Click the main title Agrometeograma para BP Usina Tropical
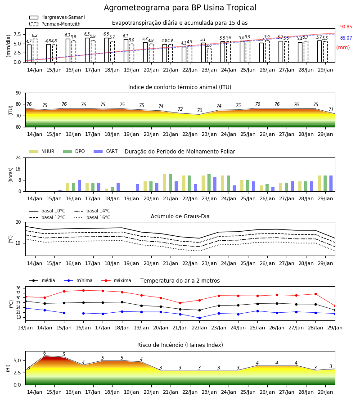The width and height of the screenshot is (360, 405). tap(180, 8)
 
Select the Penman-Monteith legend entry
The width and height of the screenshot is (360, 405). tap(55, 24)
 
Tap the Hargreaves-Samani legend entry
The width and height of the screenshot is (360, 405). tap(57, 17)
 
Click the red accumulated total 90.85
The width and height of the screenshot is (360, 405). tap(346, 27)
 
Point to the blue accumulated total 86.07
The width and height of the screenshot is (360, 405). tap(346, 38)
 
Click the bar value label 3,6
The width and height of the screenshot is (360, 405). tap(209, 45)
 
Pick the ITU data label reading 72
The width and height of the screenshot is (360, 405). tap(180, 109)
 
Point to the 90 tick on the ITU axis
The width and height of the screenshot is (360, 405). tap(18, 93)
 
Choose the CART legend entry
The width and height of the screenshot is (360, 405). tap(106, 151)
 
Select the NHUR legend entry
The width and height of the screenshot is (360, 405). tap(42, 151)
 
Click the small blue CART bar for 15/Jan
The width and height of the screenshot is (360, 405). tap(60, 191)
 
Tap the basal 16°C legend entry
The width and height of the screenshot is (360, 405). tap(92, 217)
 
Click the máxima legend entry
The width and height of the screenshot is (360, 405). tap(116, 280)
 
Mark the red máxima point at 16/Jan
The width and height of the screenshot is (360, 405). tap(83, 290)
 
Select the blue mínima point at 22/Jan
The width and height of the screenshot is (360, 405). tap(199, 318)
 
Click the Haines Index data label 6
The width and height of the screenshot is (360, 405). tap(45, 353)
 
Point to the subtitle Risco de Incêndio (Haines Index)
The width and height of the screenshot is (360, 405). tap(180, 345)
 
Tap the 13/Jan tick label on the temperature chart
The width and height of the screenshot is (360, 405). tap(25, 328)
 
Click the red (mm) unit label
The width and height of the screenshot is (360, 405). tap(343, 48)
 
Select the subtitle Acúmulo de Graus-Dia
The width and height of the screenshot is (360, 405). tap(180, 216)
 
